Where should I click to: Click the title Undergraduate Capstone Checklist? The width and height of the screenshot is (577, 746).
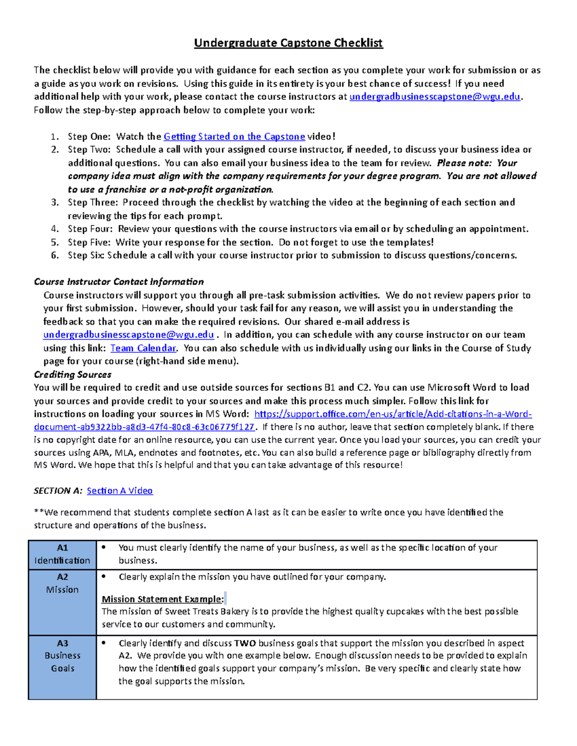pyautogui.click(x=288, y=43)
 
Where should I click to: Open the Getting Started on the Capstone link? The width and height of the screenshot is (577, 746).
pyautogui.click(x=234, y=136)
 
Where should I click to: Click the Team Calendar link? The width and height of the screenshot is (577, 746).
pyautogui.click(x=143, y=348)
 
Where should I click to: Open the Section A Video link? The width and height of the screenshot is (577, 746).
pyautogui.click(x=119, y=490)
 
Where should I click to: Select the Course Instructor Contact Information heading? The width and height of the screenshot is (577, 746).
pyautogui.click(x=119, y=281)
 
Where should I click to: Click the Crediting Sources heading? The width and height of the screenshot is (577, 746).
pyautogui.click(x=73, y=374)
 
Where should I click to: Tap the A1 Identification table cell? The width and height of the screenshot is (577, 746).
pyautogui.click(x=62, y=554)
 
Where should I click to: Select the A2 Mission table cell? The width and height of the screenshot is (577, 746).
pyautogui.click(x=62, y=583)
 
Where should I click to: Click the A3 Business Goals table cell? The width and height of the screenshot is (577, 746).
pyautogui.click(x=62, y=656)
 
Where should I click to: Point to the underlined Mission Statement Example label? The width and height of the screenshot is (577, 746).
pyautogui.click(x=163, y=599)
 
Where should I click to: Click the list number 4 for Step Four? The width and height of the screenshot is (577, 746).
pyautogui.click(x=55, y=229)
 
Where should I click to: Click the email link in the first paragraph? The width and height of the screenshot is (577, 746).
pyautogui.click(x=435, y=97)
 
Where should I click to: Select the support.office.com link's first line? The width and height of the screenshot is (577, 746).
pyautogui.click(x=393, y=414)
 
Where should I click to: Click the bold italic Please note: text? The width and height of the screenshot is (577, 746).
pyautogui.click(x=464, y=163)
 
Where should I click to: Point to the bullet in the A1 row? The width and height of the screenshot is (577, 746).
pyautogui.click(x=103, y=548)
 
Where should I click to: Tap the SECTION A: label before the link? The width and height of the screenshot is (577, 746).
pyautogui.click(x=58, y=490)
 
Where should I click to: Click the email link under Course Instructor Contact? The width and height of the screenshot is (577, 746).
pyautogui.click(x=128, y=334)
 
